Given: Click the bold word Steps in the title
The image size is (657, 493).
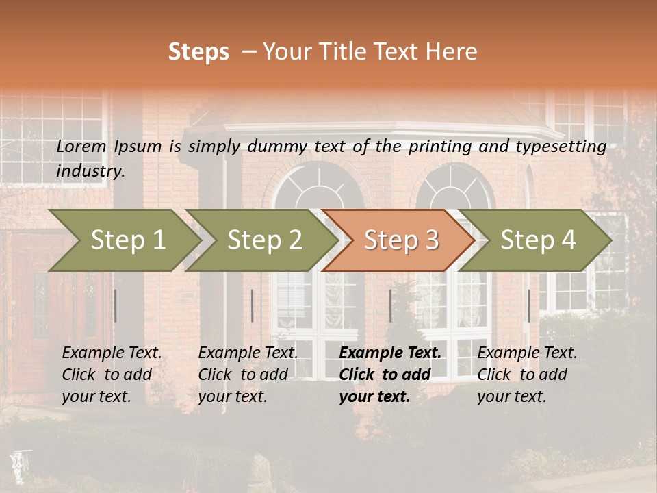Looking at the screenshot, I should click(x=198, y=52).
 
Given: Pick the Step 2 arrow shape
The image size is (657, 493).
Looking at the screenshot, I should click(x=260, y=240).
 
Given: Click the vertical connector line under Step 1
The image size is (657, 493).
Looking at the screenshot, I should click(x=116, y=305).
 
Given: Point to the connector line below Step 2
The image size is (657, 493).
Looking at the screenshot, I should click(x=253, y=305).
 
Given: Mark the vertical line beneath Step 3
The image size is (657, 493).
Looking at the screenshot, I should click(x=390, y=305).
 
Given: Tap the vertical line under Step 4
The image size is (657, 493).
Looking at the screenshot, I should click(x=528, y=305).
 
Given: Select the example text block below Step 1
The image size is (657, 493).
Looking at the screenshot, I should click(x=112, y=375).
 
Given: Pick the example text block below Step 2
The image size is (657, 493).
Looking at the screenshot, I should click(x=248, y=375).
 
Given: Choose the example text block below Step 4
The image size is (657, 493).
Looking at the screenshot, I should click(x=527, y=375).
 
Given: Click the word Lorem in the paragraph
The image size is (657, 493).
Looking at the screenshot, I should click(x=81, y=146).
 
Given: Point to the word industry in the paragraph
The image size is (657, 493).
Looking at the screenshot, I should click(x=90, y=171).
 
